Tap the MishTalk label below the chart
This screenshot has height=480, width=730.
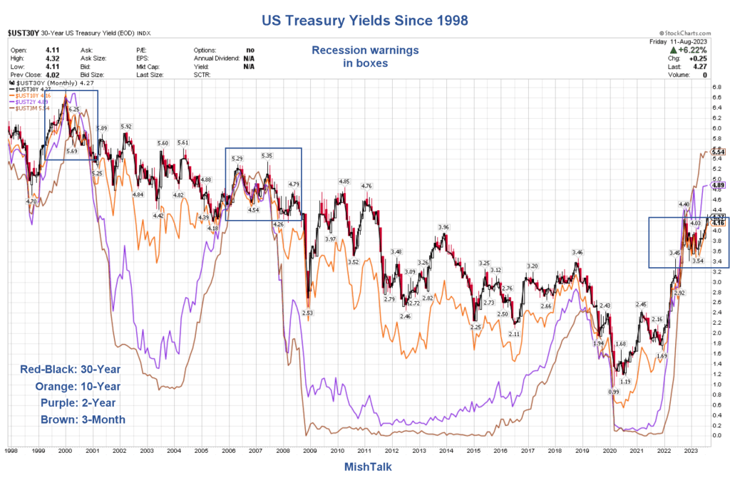point(364,467)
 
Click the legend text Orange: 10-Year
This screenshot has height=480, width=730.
point(78,386)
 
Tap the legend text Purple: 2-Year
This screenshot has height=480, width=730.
point(79,403)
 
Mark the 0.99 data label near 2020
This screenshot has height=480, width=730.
point(613,392)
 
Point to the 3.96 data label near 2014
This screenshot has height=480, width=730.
point(443,227)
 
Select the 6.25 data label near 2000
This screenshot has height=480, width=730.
point(74,110)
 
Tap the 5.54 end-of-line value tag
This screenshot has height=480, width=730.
point(718,152)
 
